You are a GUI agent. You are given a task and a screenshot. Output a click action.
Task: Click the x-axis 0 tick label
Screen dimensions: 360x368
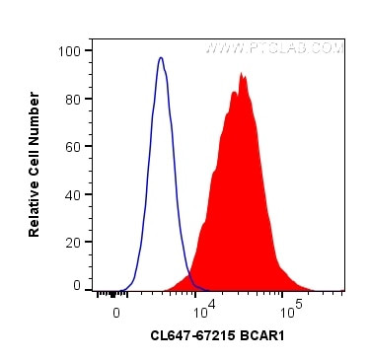tap(116, 311)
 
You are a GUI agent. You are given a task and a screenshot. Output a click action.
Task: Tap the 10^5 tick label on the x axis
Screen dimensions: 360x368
tap(290, 309)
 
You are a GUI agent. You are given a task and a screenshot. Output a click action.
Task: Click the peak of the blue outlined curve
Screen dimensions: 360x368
tap(161, 58)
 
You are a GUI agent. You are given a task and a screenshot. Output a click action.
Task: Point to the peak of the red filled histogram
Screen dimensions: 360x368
tap(241, 74)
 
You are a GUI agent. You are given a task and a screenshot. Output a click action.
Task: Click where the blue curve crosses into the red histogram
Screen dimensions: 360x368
tap(187, 271)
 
